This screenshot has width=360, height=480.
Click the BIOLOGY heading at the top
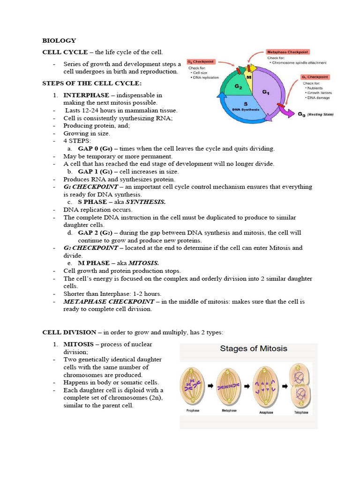tap(59, 41)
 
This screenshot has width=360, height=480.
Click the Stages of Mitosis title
tap(254, 349)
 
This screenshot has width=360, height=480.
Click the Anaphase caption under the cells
tap(266, 413)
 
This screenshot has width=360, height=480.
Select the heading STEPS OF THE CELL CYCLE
tap(91, 83)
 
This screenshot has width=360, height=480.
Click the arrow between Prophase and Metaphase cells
tap(210, 385)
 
